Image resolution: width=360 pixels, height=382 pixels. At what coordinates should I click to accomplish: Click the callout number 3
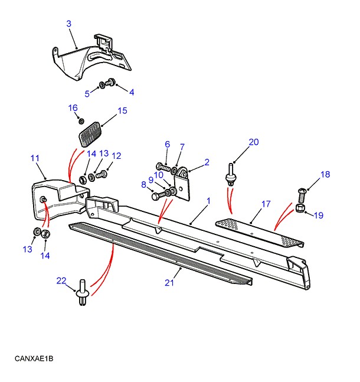click(68, 24)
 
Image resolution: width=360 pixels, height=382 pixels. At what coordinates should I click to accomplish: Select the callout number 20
click(254, 142)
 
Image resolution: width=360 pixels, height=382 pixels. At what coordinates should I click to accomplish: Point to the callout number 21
click(169, 283)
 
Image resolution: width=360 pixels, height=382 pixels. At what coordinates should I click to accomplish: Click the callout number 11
click(35, 158)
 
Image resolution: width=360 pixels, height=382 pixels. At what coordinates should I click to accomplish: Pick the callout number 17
click(266, 204)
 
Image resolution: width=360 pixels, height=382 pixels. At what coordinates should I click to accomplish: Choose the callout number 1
click(208, 201)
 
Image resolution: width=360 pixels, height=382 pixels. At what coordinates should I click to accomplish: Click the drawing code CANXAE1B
click(35, 358)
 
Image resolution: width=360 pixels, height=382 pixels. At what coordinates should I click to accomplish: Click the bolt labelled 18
click(302, 192)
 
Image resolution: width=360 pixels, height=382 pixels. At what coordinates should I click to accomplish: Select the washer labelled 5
click(103, 86)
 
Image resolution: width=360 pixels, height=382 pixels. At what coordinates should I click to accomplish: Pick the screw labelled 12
click(104, 174)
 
